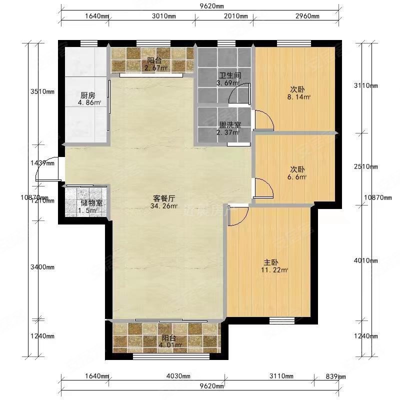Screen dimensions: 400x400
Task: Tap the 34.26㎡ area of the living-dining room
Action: [x=164, y=205]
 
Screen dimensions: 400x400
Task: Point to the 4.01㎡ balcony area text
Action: [x=167, y=344]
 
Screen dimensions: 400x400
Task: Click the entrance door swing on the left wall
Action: [x=49, y=170]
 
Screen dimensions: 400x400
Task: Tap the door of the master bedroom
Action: [x=238, y=214]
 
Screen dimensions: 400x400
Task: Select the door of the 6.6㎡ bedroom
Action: [x=262, y=187]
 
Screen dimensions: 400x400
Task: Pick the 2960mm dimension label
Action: [x=306, y=16]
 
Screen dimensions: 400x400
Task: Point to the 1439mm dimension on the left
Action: [x=42, y=163]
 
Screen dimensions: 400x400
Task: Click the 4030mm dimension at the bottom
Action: [x=178, y=376]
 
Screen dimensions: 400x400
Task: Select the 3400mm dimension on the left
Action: [x=42, y=267]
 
